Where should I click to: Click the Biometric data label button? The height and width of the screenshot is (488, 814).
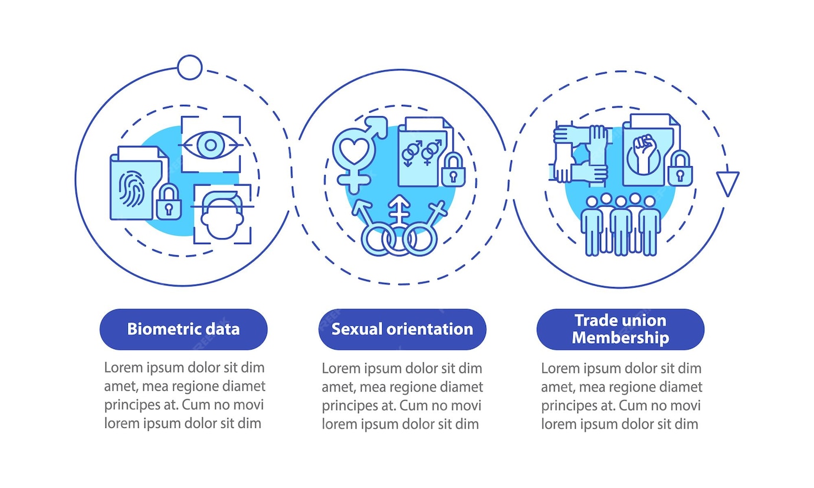click(183, 329)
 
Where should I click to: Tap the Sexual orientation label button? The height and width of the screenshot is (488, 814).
click(402, 329)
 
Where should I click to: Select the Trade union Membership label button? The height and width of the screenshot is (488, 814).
click(621, 329)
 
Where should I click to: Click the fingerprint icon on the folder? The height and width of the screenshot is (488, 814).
click(131, 190)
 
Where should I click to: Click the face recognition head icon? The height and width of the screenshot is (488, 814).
click(222, 215)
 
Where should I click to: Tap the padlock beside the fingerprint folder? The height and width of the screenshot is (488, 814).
click(169, 203)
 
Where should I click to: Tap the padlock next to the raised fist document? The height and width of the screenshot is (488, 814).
click(680, 169)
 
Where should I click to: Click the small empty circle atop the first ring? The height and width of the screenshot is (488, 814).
click(189, 67)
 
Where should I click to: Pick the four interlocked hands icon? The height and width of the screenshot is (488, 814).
click(581, 153)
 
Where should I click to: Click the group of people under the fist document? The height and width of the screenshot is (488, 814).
click(621, 224)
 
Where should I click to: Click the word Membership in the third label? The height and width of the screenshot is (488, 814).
click(621, 338)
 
